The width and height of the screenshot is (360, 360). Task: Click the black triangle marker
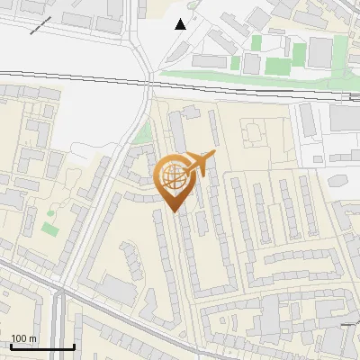coord(182,23)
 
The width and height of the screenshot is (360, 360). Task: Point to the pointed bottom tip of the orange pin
coord(174,211)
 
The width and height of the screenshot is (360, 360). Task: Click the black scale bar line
coord(42,346)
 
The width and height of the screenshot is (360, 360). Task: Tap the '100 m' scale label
coord(24,338)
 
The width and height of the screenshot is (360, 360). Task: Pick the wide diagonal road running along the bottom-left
coord(27,274)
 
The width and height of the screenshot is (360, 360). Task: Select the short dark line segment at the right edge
coord(349,321)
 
